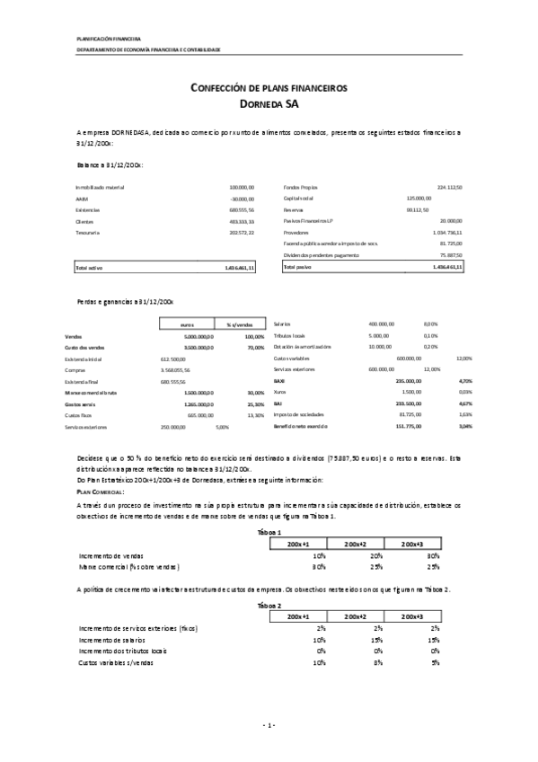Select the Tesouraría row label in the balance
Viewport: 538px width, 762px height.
pyautogui.click(x=88, y=233)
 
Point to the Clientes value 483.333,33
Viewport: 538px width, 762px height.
pyautogui.click(x=242, y=221)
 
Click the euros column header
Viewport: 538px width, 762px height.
pyautogui.click(x=188, y=324)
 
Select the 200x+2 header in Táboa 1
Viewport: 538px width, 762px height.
pyautogui.click(x=357, y=544)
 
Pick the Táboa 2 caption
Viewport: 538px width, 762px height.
pyautogui.click(x=269, y=607)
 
